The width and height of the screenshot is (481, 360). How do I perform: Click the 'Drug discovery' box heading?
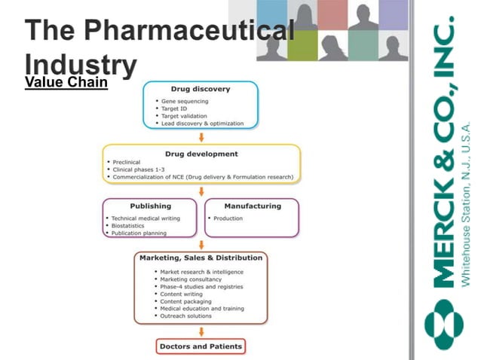[200, 89]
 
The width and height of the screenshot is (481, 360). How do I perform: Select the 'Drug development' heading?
[201, 154]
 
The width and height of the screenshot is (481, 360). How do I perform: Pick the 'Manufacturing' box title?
[253, 206]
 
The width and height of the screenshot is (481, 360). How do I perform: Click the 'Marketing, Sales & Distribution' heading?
[201, 258]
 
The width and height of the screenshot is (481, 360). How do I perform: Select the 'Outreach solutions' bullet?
[186, 316]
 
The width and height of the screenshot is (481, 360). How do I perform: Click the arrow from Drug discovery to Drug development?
[201, 136]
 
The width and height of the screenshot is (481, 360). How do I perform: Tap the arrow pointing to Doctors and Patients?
[201, 331]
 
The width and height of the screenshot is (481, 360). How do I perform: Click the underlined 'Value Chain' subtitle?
[66, 83]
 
